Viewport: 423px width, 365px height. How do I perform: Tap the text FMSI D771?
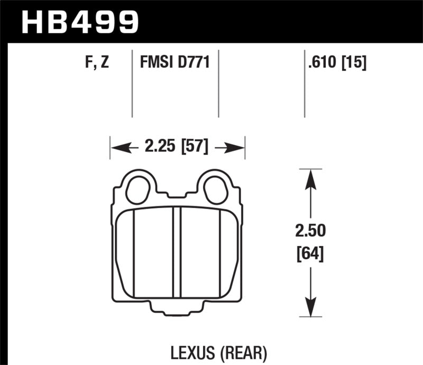pyautogui.click(x=176, y=63)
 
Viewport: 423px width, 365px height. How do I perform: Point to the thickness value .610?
pyautogui.click(x=319, y=63)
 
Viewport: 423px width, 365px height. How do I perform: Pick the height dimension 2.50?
pyautogui.click(x=311, y=231)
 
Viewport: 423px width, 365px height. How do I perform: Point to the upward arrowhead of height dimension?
pyautogui.click(x=311, y=177)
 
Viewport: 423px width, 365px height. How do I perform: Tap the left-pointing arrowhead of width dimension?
pyautogui.click(x=116, y=147)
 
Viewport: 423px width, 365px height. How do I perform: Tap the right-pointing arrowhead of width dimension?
pyautogui.click(x=238, y=147)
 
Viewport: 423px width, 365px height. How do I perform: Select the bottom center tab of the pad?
pyautogui.click(x=178, y=311)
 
